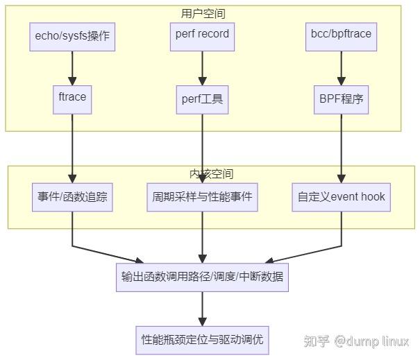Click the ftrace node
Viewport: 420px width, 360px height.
[72, 98]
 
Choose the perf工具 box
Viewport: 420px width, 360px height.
[202, 99]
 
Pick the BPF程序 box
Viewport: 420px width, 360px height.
[341, 99]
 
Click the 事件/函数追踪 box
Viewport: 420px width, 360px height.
[72, 197]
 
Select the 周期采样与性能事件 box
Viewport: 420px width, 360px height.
[202, 197]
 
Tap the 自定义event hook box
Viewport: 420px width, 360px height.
[341, 197]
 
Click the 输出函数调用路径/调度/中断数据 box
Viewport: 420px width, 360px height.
[202, 277]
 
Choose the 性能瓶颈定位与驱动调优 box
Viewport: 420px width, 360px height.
[202, 340]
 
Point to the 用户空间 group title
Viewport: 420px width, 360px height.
[203, 13]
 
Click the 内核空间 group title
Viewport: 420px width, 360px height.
[211, 173]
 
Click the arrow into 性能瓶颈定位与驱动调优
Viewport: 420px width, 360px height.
[202, 309]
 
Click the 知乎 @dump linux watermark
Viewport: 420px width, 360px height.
[356, 341]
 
